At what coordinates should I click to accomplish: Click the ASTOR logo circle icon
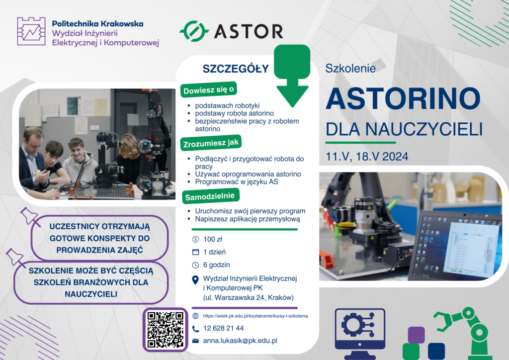194,31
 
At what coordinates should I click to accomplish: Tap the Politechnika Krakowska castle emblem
31,31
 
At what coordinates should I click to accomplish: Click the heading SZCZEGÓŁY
236,69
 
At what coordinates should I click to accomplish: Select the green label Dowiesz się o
208,90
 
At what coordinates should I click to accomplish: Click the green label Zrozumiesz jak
211,143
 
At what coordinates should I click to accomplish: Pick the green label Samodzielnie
211,196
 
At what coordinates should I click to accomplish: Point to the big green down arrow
292,76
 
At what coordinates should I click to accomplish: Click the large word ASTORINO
403,98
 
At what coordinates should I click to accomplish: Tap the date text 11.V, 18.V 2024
367,157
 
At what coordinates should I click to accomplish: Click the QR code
165,330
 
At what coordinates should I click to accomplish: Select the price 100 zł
213,239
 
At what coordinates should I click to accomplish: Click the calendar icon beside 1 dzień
195,252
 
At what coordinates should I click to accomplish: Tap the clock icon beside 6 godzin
195,265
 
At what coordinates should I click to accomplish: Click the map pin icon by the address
195,280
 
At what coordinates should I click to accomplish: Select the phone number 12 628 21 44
223,328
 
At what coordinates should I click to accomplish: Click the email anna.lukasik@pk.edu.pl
240,341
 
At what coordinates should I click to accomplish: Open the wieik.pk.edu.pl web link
255,316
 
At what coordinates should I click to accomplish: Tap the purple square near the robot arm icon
417,335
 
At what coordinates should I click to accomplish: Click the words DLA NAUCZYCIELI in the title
404,129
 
